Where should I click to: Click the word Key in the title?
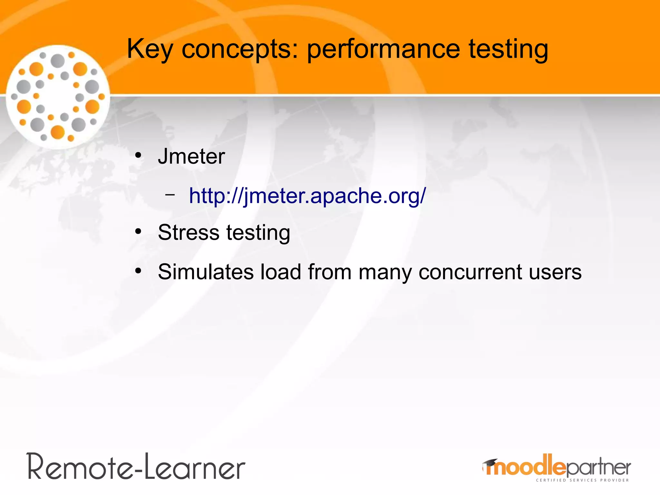click(x=150, y=49)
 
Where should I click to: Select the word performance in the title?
click(x=383, y=49)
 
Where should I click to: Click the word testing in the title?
click(x=508, y=49)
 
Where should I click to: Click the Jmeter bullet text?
click(x=191, y=157)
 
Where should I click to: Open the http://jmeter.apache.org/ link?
click(x=307, y=196)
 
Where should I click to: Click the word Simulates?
click(x=206, y=272)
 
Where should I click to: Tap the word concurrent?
click(x=470, y=272)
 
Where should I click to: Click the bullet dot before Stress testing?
click(x=138, y=232)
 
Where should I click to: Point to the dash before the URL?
click(x=170, y=195)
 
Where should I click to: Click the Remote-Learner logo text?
click(x=136, y=467)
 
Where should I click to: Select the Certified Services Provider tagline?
click(x=582, y=480)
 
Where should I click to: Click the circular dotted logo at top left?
click(x=58, y=97)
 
